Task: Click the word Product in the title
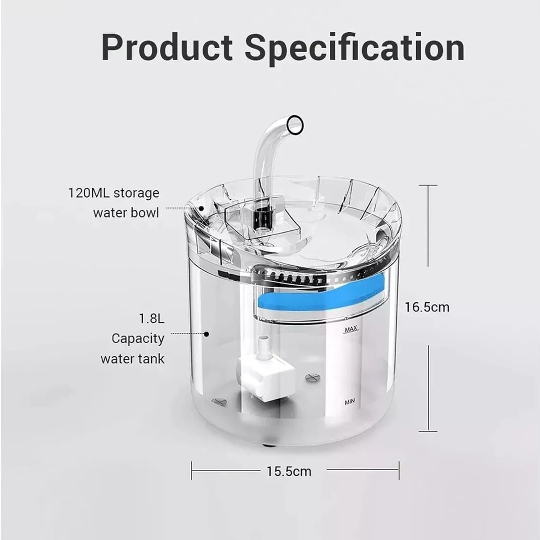click(167, 47)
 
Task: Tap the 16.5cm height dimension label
click(427, 307)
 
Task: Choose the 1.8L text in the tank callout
click(152, 319)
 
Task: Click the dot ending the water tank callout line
click(207, 334)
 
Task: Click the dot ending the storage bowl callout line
click(201, 208)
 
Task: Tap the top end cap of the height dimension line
click(427, 185)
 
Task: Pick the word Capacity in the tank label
click(138, 338)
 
